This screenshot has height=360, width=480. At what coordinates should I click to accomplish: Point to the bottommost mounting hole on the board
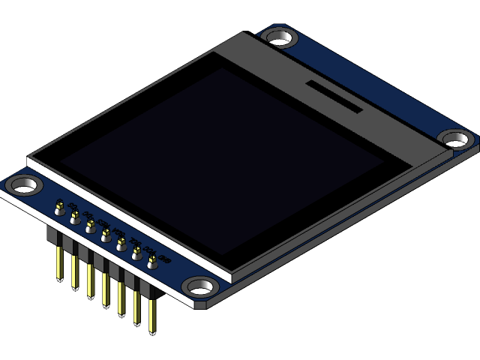(199, 286)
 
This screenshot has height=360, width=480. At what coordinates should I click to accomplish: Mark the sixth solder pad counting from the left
(136, 253)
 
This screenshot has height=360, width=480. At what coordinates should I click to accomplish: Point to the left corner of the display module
(30, 160)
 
